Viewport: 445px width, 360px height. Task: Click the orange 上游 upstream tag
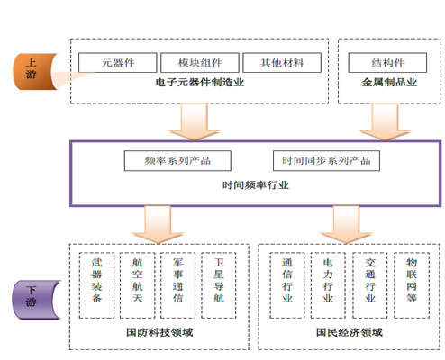coord(33,71)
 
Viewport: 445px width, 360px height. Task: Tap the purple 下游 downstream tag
coord(34,300)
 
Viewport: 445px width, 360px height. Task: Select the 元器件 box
coord(118,63)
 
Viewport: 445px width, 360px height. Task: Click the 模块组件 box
coord(200,63)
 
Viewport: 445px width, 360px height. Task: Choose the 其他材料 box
coord(282,63)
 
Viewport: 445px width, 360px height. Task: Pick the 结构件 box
coord(387,63)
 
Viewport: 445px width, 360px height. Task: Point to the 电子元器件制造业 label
coord(200,83)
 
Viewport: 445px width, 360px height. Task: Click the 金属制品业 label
coord(389,83)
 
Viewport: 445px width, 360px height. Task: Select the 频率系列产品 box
coord(177,161)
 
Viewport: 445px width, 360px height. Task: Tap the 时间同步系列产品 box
coord(326,161)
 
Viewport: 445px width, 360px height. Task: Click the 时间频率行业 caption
coord(256,185)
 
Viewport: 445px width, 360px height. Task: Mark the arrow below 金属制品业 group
coord(385,122)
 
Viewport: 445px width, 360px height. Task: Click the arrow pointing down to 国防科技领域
coord(158,225)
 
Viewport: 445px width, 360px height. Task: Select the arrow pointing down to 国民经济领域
coord(346,225)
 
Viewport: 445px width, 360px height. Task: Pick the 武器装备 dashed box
coord(96,285)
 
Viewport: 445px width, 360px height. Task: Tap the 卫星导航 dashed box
coord(219,285)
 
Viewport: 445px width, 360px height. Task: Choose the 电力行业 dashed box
coord(328,285)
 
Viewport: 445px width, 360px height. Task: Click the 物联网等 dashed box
coord(412,285)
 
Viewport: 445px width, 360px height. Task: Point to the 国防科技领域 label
coord(159,332)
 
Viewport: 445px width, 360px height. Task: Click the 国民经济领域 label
coord(350,332)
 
